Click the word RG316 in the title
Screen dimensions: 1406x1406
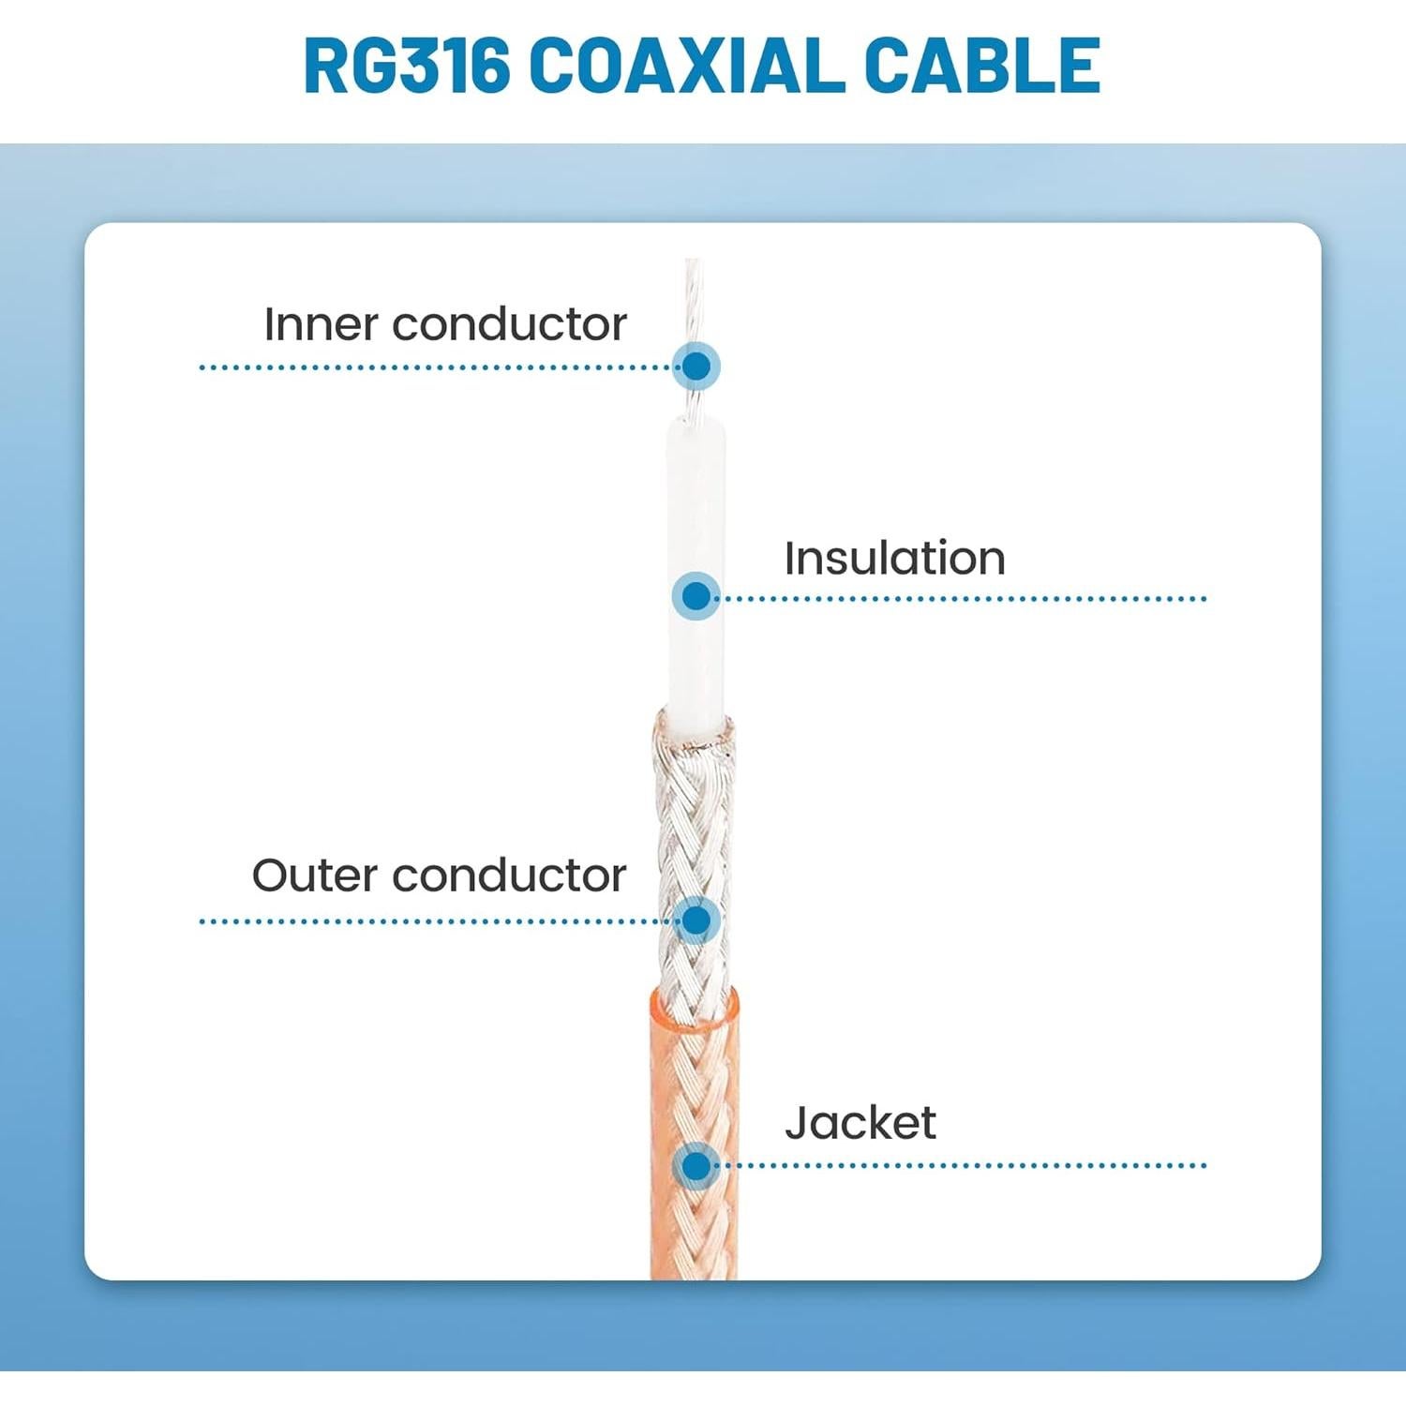tap(407, 67)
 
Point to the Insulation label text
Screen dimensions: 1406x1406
tap(894, 559)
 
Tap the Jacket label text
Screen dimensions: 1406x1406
tap(860, 1123)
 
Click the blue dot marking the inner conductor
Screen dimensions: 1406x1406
tap(696, 366)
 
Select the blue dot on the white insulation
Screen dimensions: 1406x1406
tap(696, 596)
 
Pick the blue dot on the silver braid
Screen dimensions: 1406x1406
tap(696, 920)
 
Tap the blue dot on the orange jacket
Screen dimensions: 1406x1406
tap(696, 1166)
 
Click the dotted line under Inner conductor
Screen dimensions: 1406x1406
tap(431, 367)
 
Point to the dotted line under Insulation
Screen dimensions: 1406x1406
tap(965, 598)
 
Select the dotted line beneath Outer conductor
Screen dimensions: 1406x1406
tap(431, 921)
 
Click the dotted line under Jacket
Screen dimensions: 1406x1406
tap(965, 1166)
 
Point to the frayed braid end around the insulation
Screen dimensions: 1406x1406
tap(694, 731)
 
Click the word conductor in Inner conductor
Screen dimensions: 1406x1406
tap(509, 325)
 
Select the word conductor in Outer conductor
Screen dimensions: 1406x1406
tap(509, 876)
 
